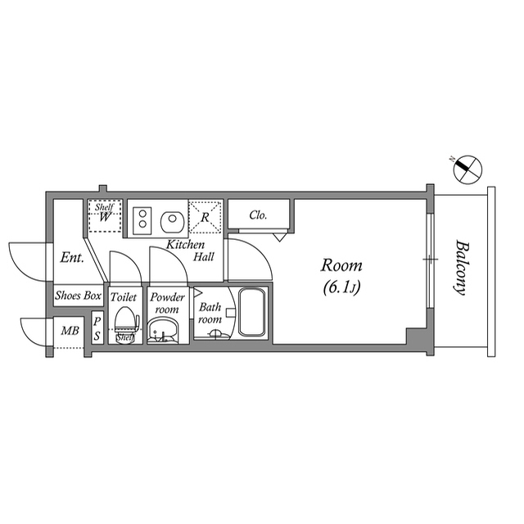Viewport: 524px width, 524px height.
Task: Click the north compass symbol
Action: click(x=468, y=169)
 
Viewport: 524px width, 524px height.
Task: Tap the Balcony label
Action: click(x=462, y=268)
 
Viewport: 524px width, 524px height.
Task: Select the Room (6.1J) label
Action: click(x=341, y=276)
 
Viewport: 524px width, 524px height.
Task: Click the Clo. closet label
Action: click(x=259, y=215)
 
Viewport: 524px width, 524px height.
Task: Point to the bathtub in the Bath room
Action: click(x=252, y=312)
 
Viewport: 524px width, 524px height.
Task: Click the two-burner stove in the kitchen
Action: click(x=142, y=220)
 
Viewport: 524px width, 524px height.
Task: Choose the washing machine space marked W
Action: click(x=105, y=216)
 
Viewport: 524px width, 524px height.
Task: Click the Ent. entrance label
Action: click(x=72, y=258)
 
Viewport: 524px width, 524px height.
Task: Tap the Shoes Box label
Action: click(x=79, y=296)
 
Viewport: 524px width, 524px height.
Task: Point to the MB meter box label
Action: click(x=70, y=331)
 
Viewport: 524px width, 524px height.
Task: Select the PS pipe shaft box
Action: click(x=97, y=329)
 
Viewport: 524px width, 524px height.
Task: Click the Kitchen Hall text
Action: click(x=190, y=251)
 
